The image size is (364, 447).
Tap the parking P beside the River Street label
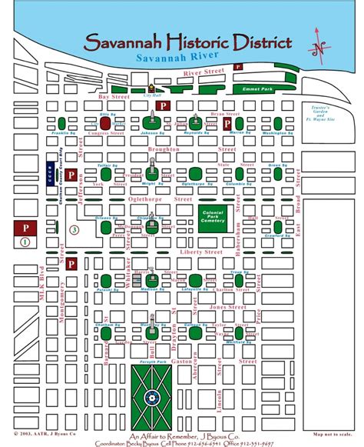tap(238, 68)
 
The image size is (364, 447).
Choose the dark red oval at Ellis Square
tap(105, 122)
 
